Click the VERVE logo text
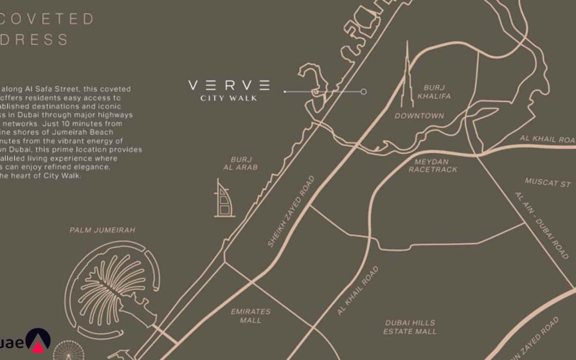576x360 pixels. [229, 85]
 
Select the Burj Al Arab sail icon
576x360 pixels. [224, 198]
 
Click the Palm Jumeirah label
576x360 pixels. [103, 230]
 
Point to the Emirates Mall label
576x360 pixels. [251, 316]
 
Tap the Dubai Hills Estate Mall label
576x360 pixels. [410, 327]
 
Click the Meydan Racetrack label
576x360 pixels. [433, 166]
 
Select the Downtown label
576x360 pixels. [419, 116]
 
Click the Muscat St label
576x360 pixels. [548, 182]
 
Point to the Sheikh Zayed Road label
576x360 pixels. [290, 211]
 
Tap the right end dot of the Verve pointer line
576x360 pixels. [364, 92]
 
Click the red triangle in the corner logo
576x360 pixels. [38, 346]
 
